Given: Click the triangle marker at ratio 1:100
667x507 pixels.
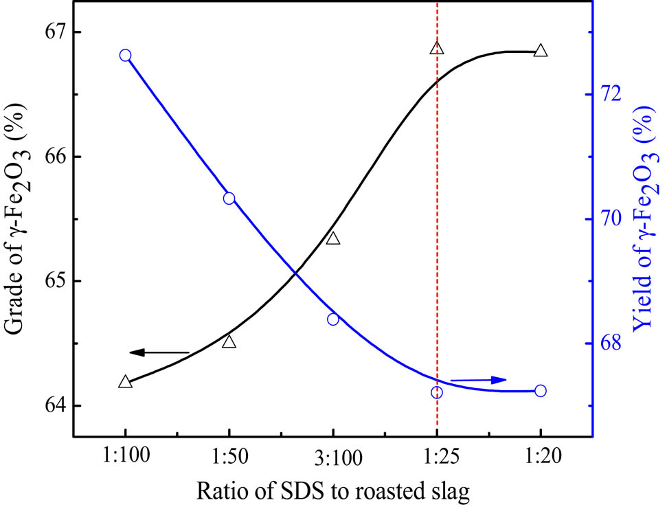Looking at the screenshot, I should (x=125, y=382).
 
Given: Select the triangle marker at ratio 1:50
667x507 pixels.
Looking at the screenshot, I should (x=229, y=342).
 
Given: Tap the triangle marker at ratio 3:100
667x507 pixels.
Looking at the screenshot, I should (x=333, y=239).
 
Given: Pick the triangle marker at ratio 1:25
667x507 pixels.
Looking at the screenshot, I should (x=437, y=48).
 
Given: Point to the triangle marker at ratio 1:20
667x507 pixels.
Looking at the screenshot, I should (x=541, y=51).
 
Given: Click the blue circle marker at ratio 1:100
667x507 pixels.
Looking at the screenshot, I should (x=125, y=56).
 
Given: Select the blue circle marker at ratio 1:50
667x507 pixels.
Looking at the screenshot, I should (x=229, y=199).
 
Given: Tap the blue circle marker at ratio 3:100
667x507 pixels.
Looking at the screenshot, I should (x=333, y=319).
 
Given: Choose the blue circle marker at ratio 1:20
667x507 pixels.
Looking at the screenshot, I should (x=541, y=391).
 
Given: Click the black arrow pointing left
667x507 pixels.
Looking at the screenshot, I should (x=158, y=352).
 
